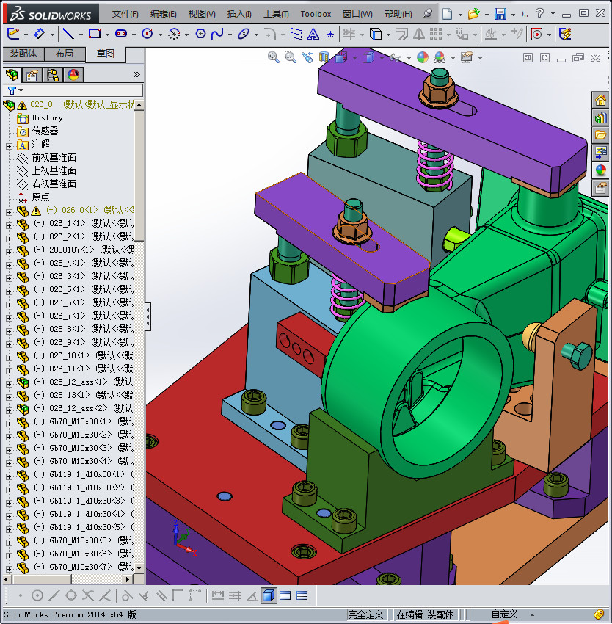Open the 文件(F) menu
pyautogui.click(x=125, y=14)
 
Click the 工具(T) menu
pyautogui.click(x=276, y=14)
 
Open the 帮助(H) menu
pyautogui.click(x=398, y=14)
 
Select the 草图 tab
pyautogui.click(x=106, y=54)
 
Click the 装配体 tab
pyautogui.click(x=23, y=54)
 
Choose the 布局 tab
pyautogui.click(x=64, y=54)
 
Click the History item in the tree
pyautogui.click(x=47, y=117)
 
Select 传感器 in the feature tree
pyautogui.click(x=44, y=131)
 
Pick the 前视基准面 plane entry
pyautogui.click(x=53, y=157)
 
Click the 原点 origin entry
pyautogui.click(x=40, y=197)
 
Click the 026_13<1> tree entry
pyautogui.click(x=67, y=395)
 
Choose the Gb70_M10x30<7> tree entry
pyautogui.click(x=80, y=567)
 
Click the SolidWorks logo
pyautogui.click(x=51, y=14)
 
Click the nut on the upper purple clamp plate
pyautogui.click(x=439, y=91)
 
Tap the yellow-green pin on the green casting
pyautogui.click(x=455, y=236)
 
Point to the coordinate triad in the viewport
pyautogui.click(x=181, y=537)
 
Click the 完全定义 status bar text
pyautogui.click(x=365, y=614)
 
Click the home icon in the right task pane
pyautogui.click(x=600, y=101)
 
